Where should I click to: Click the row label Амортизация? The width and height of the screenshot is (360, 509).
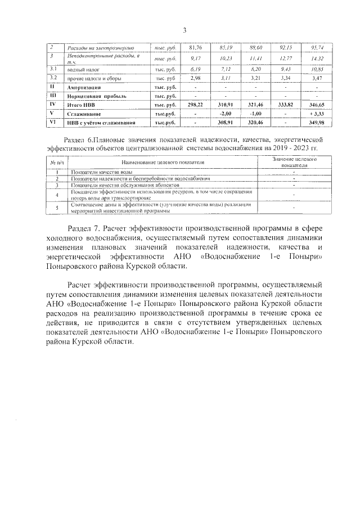[84, 88]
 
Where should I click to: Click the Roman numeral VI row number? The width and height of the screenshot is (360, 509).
[51, 121]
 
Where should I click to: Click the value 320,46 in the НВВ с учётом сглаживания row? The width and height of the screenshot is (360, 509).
[256, 122]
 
